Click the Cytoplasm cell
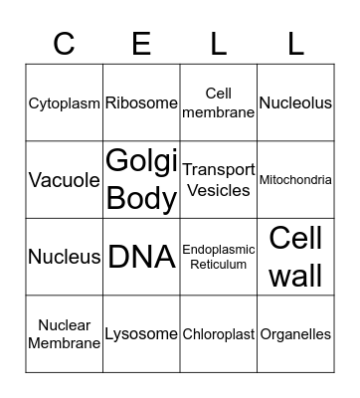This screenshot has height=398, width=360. click(x=65, y=102)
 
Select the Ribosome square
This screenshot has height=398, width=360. click(x=141, y=102)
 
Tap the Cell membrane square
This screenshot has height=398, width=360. click(x=219, y=102)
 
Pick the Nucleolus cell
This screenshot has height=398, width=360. click(x=295, y=102)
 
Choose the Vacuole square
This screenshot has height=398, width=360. click(x=65, y=180)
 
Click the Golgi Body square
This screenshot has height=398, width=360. click(x=141, y=180)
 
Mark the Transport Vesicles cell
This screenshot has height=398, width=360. click(x=219, y=180)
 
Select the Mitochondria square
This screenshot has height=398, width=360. click(x=295, y=180)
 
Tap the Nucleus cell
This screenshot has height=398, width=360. click(x=65, y=257)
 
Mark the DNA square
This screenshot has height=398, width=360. click(x=141, y=257)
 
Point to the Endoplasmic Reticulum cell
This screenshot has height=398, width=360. click(x=219, y=257)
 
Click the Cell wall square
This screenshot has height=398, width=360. click(x=295, y=257)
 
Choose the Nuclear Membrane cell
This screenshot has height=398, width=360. click(x=65, y=334)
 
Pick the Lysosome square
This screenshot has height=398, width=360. click(x=141, y=334)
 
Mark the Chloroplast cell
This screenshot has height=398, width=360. click(x=219, y=334)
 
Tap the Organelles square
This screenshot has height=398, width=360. click(x=295, y=334)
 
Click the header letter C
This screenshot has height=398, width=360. click(x=65, y=44)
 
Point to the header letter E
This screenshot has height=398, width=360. click(x=141, y=44)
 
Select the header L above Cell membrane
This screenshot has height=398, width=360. click(x=219, y=44)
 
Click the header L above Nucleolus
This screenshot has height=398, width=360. click(x=295, y=44)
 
